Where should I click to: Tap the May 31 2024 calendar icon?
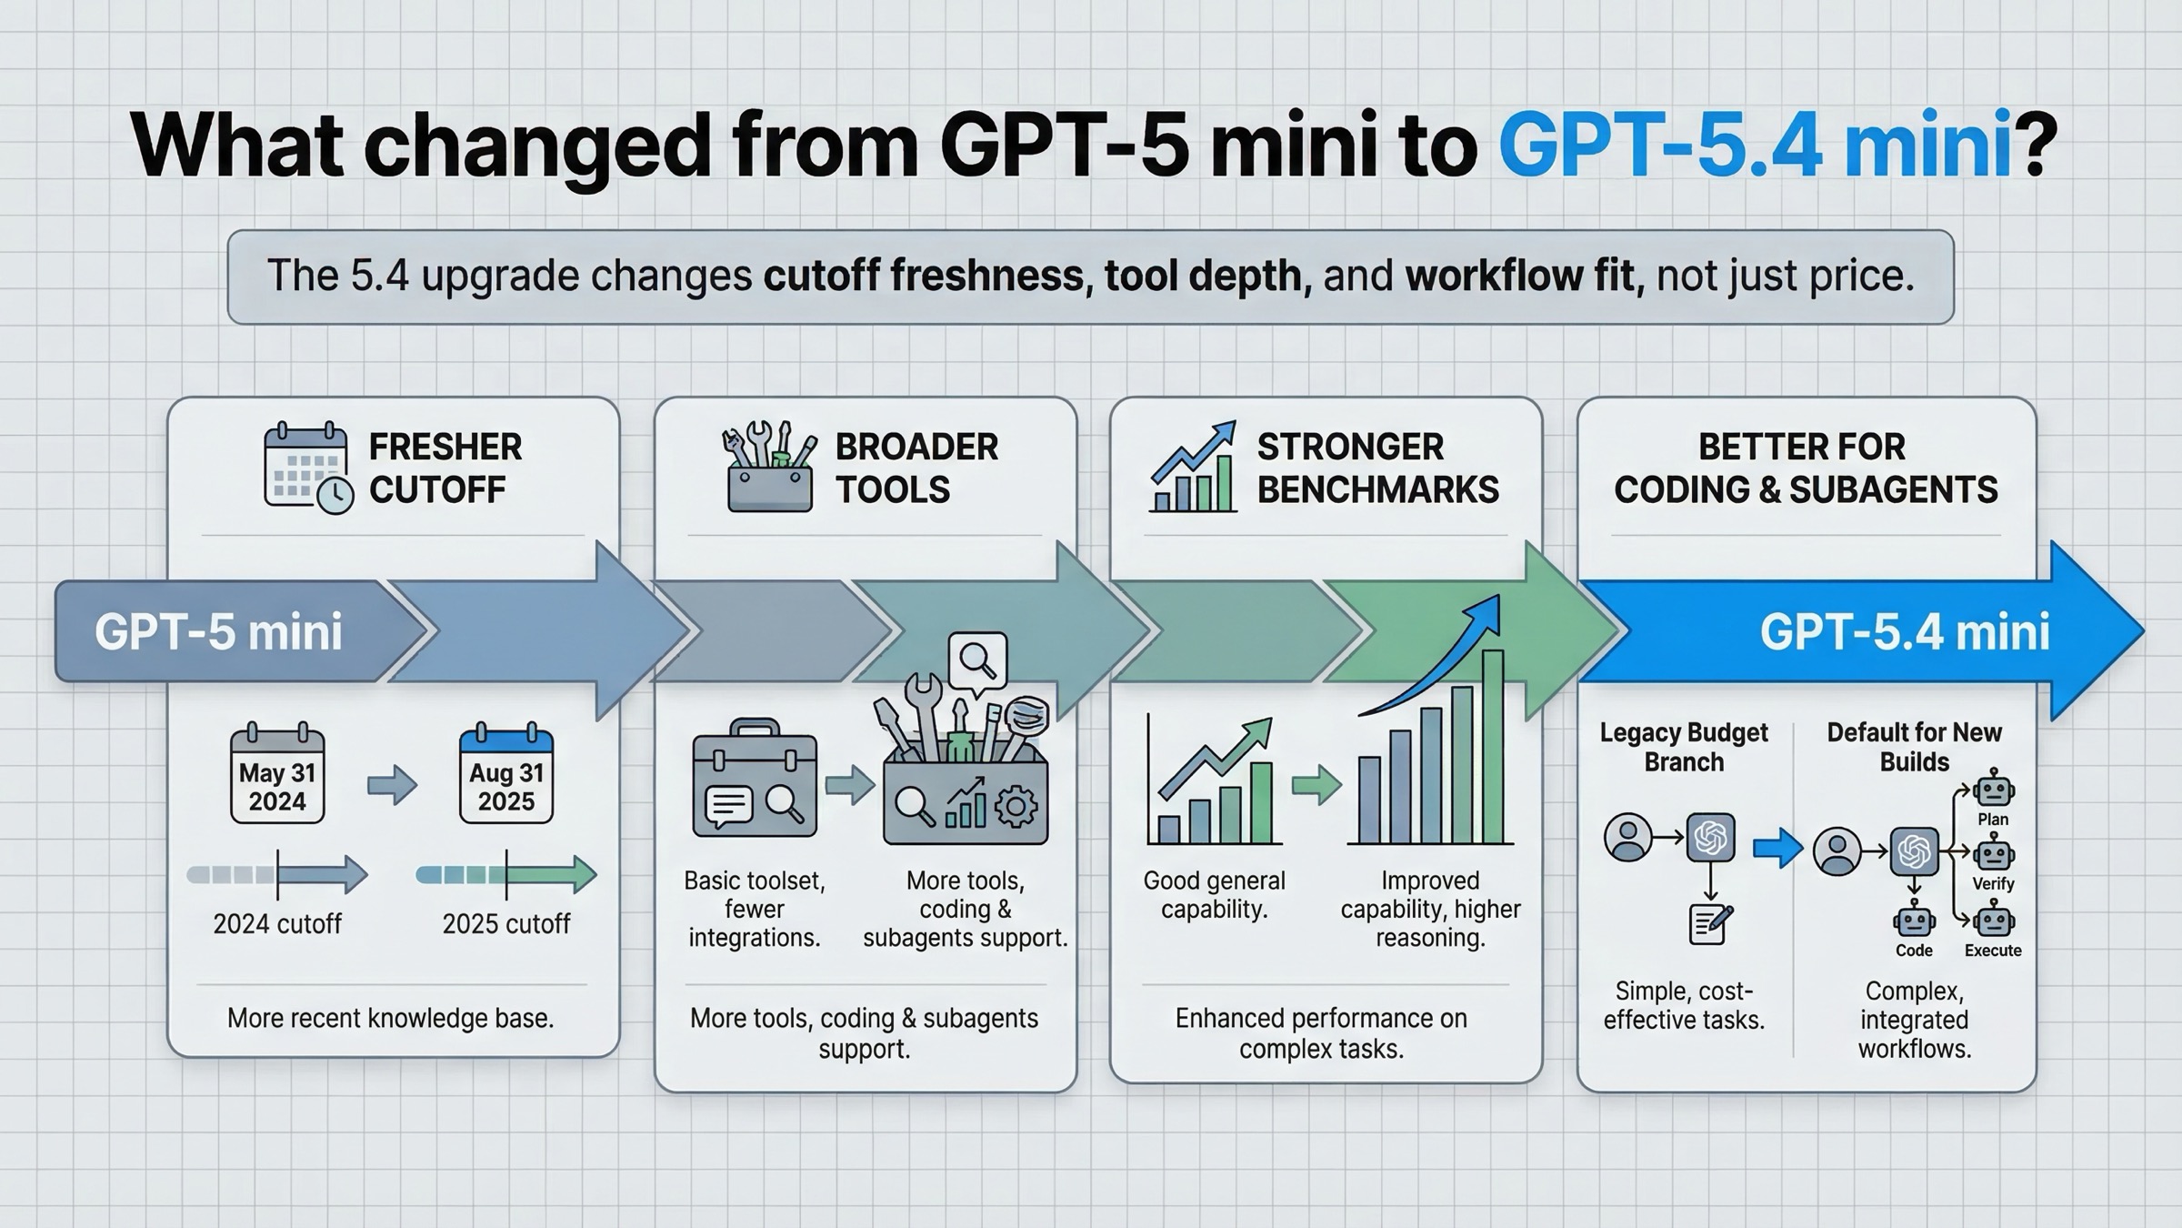277,775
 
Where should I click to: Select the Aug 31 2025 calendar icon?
506,775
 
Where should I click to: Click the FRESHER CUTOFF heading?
445,468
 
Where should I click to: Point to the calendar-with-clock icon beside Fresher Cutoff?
307,468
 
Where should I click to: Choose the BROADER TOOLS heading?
916,468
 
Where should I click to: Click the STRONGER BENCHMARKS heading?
1376,468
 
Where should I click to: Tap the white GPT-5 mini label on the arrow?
218,632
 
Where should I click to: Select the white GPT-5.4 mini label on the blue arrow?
1905,632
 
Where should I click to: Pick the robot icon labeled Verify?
1993,855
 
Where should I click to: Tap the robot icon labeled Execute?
1993,921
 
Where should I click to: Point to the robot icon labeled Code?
1914,921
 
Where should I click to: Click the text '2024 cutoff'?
277,924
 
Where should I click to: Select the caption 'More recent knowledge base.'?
390,1018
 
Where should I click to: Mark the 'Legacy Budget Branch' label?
1684,747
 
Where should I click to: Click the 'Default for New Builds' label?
1914,747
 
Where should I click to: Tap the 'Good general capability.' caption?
1214,895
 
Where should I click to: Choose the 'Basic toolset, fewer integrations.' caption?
755,909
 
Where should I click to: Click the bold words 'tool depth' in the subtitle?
1207,276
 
